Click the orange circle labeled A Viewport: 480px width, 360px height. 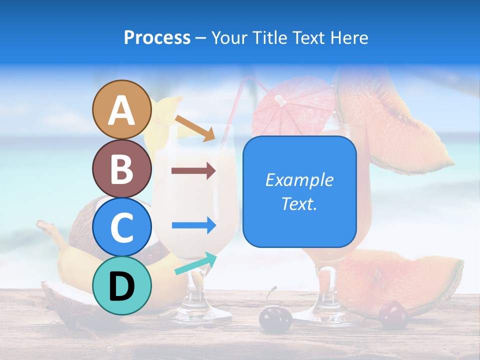tap(121, 109)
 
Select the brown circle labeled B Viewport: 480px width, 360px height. tap(121, 168)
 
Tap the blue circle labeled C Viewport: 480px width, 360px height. tap(121, 227)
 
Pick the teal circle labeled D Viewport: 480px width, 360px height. tap(121, 285)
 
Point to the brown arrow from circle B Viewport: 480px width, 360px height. tap(193, 171)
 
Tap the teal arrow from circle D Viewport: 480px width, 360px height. tap(195, 264)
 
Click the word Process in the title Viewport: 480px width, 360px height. tap(157, 37)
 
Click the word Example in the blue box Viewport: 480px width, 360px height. tap(299, 180)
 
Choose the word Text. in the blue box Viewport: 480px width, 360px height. tap(299, 203)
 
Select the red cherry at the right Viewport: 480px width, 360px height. tap(393, 315)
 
